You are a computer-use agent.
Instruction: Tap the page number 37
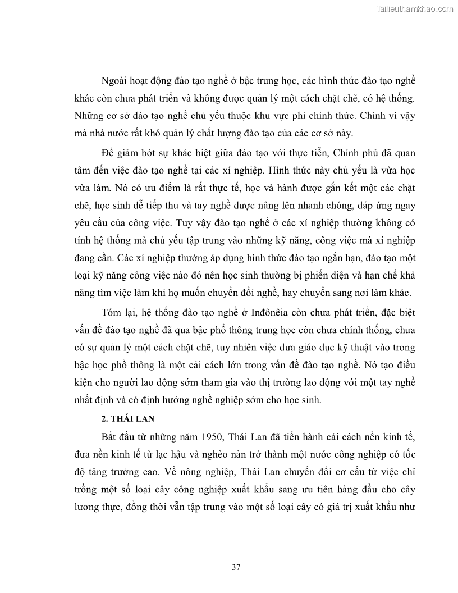click(236, 567)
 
